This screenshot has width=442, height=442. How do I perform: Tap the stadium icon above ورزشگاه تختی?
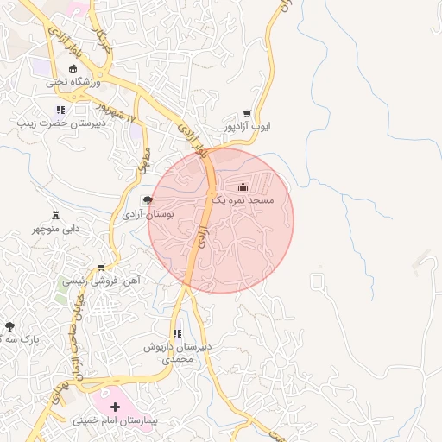click(x=72, y=69)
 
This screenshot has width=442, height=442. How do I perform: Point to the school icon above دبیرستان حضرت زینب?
click(x=60, y=110)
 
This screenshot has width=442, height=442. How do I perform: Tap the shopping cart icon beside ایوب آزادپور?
click(x=247, y=114)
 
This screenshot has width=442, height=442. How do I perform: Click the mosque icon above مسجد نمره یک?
click(x=242, y=186)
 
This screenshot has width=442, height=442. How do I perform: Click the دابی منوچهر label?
click(x=56, y=229)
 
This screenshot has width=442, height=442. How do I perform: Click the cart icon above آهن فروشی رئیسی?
click(x=102, y=268)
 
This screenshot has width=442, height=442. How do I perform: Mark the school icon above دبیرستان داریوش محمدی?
click(x=177, y=333)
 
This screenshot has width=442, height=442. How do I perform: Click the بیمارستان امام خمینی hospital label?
click(x=116, y=420)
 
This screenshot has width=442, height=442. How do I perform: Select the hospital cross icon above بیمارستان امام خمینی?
click(x=116, y=406)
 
